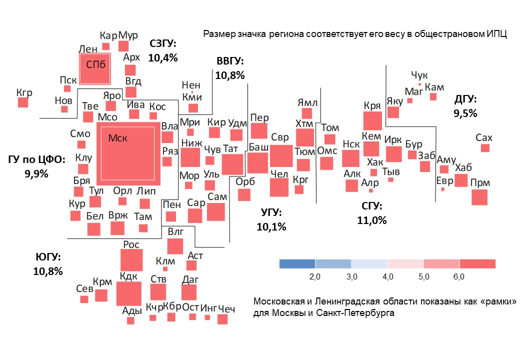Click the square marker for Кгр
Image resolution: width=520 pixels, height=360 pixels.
coord(23,102)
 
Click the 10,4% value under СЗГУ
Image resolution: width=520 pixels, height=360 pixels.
coord(163,57)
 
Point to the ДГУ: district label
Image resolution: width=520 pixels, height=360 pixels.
coord(465,99)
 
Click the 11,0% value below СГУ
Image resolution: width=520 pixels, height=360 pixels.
coord(372,219)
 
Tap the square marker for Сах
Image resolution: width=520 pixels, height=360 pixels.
coord(485,148)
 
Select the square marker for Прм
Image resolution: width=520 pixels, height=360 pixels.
coord(479,197)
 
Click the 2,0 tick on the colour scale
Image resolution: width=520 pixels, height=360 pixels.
coord(315,276)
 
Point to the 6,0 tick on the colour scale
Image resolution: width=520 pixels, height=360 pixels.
coord(459,276)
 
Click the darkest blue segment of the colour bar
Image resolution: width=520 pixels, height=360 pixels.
coord(297,263)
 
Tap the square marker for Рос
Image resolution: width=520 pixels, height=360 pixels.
coord(132,260)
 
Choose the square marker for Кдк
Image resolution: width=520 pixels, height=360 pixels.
coord(128,293)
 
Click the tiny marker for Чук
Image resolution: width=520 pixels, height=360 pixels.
coord(420,84)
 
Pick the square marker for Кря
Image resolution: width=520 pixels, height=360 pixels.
coord(372,121)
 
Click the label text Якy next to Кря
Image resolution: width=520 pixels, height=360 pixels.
coord(394,101)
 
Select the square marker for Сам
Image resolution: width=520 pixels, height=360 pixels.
coord(216,211)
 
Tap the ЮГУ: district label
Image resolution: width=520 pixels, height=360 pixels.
coord(48,257)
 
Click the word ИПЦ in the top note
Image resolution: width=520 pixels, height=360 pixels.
coord(498,34)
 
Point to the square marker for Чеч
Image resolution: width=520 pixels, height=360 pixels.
coord(222,319)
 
